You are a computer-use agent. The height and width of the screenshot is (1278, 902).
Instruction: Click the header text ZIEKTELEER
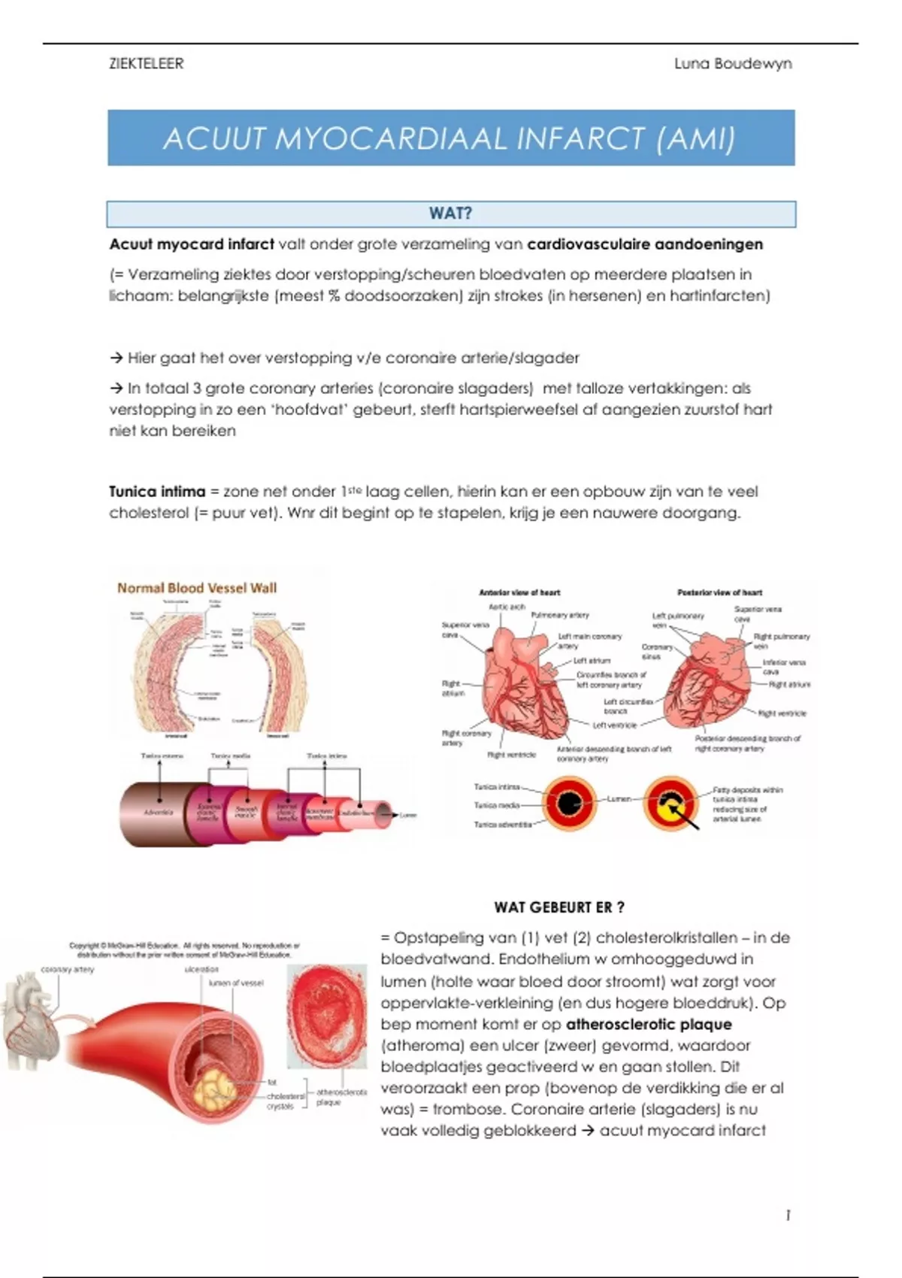[146, 64]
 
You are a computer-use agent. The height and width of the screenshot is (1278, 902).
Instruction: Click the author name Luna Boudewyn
[732, 64]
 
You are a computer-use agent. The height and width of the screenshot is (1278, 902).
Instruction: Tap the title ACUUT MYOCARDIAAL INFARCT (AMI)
[449, 138]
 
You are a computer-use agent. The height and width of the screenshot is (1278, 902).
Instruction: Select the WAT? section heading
[450, 214]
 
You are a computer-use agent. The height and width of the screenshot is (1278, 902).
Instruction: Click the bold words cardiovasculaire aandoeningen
[645, 244]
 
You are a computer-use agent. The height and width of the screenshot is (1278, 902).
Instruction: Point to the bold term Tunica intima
[157, 492]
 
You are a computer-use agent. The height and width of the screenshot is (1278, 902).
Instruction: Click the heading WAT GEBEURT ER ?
[559, 907]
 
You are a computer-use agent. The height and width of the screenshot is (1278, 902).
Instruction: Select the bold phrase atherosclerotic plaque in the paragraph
[649, 1024]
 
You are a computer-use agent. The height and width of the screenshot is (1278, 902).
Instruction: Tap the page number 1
[787, 1216]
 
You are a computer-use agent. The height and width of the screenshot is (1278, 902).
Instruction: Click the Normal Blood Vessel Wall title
[197, 588]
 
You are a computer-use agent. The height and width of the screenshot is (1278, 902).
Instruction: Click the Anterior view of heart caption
[519, 592]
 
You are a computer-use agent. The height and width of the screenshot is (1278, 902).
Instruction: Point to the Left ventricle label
[614, 725]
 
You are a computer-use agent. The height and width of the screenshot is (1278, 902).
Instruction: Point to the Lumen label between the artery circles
[619, 799]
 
